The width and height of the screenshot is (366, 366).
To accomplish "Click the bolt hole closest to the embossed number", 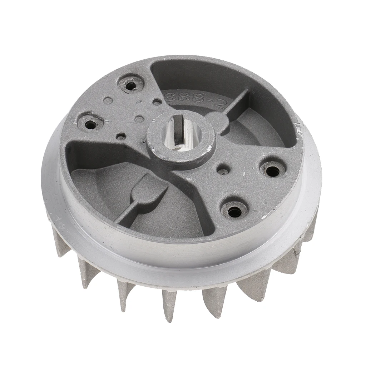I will [131, 86].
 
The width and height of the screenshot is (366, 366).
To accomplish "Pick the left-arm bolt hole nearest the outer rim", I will [90, 125].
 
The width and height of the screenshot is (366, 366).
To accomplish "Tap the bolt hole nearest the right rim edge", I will [273, 171].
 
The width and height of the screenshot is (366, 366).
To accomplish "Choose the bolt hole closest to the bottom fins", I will [234, 212].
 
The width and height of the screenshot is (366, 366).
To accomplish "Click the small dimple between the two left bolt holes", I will [108, 100].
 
